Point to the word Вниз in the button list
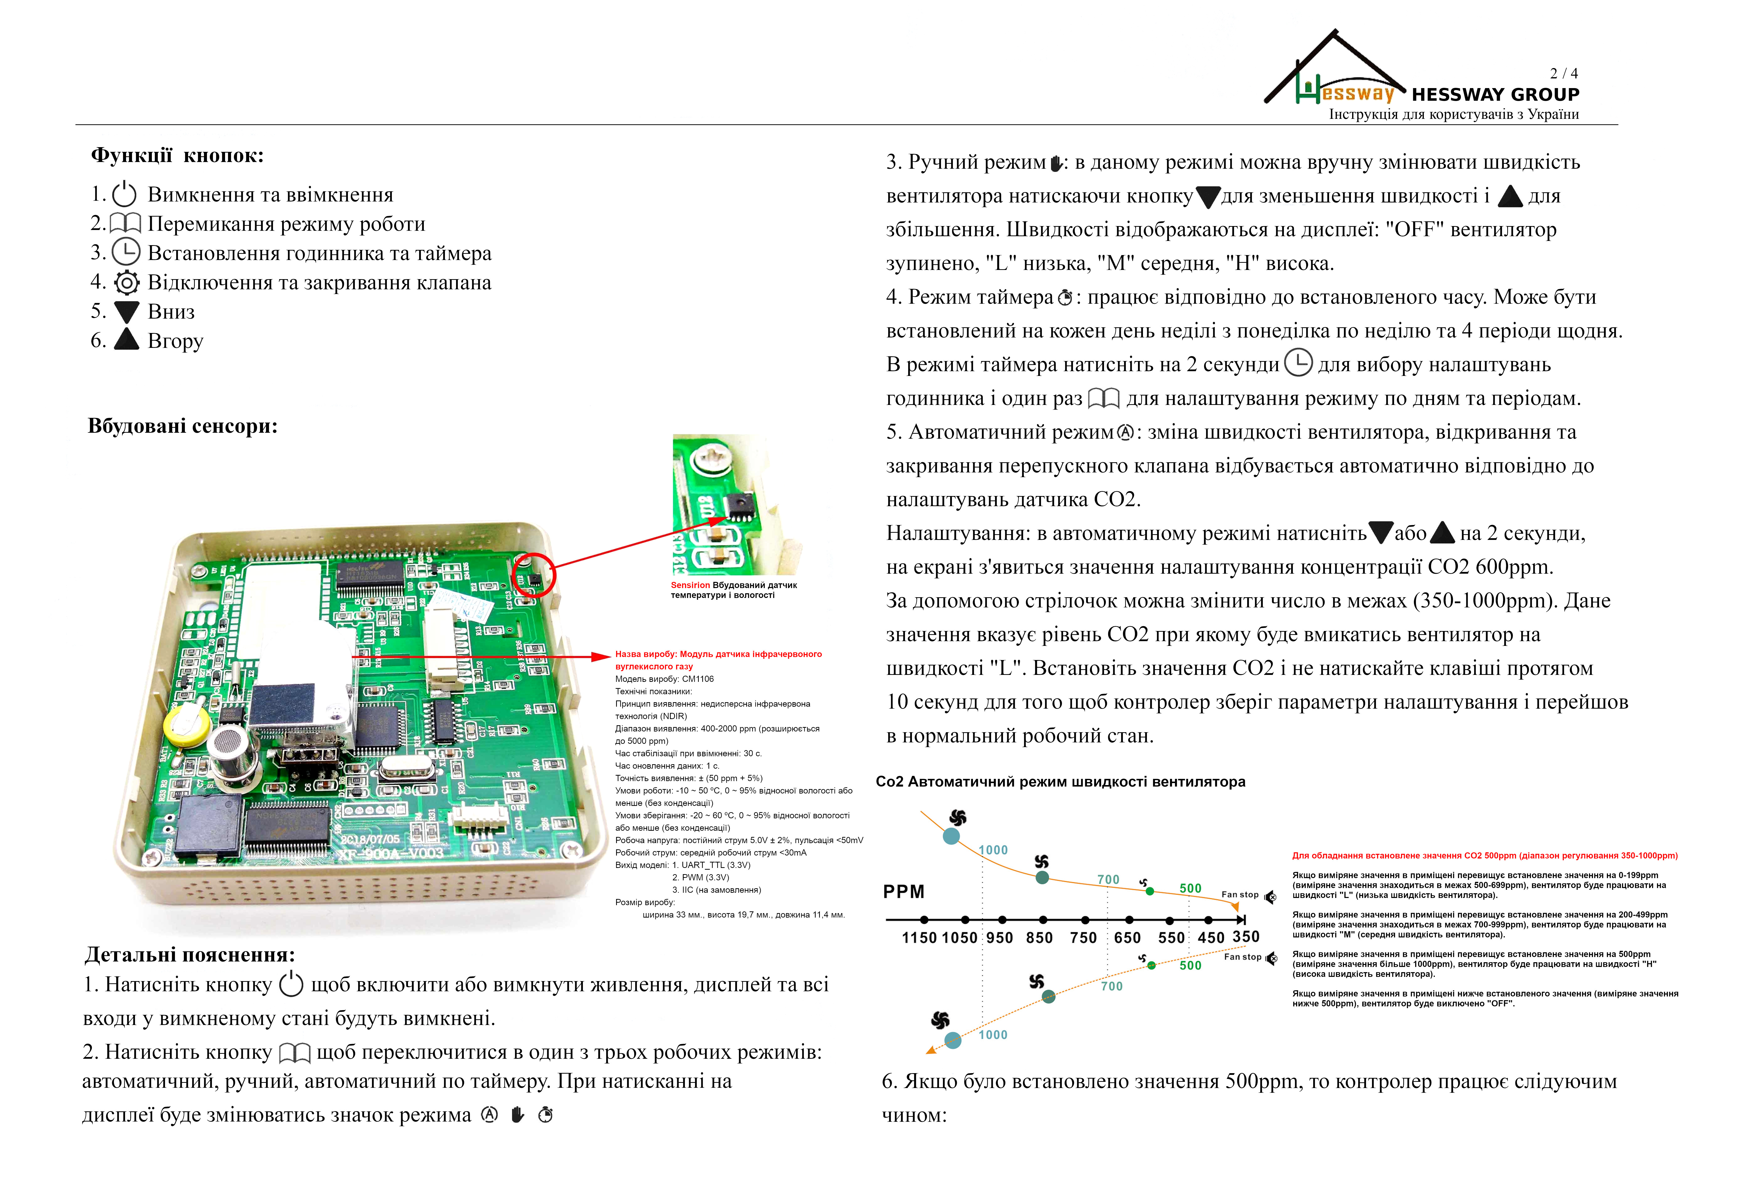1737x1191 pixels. (171, 312)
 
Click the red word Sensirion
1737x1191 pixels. (690, 585)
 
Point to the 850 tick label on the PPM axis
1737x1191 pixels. (1039, 938)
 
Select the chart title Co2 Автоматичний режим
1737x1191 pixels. (1060, 782)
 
